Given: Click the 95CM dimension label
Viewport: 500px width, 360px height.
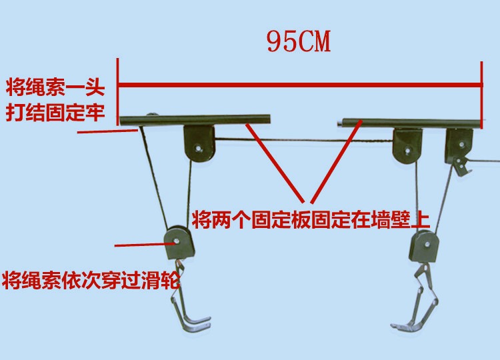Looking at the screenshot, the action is pyautogui.click(x=298, y=41).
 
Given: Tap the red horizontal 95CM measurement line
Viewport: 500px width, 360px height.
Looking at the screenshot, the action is pyautogui.click(x=299, y=85).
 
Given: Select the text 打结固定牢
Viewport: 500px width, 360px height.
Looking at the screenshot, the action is pyautogui.click(x=55, y=111).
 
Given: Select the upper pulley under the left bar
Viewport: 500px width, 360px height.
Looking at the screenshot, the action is pyautogui.click(x=199, y=145).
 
